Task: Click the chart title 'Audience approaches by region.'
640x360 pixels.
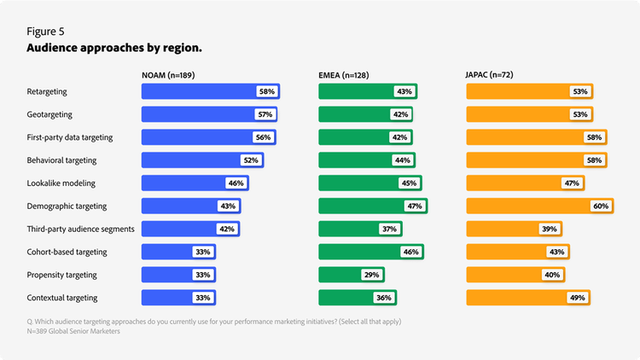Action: [x=115, y=49]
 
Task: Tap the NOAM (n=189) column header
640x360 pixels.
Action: [x=168, y=75]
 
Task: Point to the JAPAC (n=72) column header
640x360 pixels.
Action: [x=490, y=75]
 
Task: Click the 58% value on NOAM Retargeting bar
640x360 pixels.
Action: [x=267, y=91]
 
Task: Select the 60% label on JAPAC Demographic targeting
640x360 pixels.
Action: [x=601, y=206]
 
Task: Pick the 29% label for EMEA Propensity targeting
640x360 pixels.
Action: [x=372, y=276]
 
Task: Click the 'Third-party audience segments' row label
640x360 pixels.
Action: [x=82, y=229]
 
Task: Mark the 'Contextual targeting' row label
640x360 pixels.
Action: [x=62, y=299]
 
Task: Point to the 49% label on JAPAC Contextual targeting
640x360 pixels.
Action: [x=578, y=299]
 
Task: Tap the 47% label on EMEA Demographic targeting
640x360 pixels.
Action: [x=415, y=206]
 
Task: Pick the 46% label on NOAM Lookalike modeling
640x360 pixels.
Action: [x=236, y=183]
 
